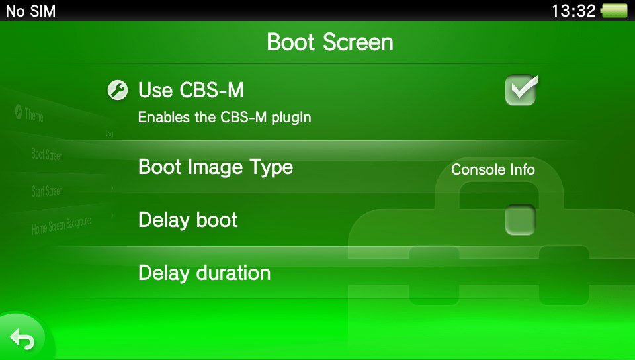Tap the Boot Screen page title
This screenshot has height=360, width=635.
tap(330, 42)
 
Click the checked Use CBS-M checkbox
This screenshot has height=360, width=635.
tap(521, 91)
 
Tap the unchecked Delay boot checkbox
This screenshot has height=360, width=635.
tap(520, 220)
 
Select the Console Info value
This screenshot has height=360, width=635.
tap(493, 169)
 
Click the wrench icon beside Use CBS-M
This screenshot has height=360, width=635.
tap(117, 90)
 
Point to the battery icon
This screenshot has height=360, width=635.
tap(614, 11)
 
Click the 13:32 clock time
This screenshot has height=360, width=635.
tap(573, 11)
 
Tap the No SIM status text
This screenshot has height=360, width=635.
tap(31, 11)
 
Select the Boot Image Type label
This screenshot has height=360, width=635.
tap(216, 167)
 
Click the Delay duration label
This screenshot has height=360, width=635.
tap(204, 273)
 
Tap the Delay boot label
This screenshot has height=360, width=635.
tap(188, 220)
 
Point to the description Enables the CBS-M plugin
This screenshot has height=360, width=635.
tap(224, 118)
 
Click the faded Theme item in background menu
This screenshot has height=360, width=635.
tap(34, 116)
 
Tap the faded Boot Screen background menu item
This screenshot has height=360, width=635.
tap(46, 156)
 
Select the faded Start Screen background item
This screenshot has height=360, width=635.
tap(47, 191)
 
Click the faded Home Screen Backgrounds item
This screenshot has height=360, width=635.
tap(62, 226)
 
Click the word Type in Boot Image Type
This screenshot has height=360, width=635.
tap(270, 168)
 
